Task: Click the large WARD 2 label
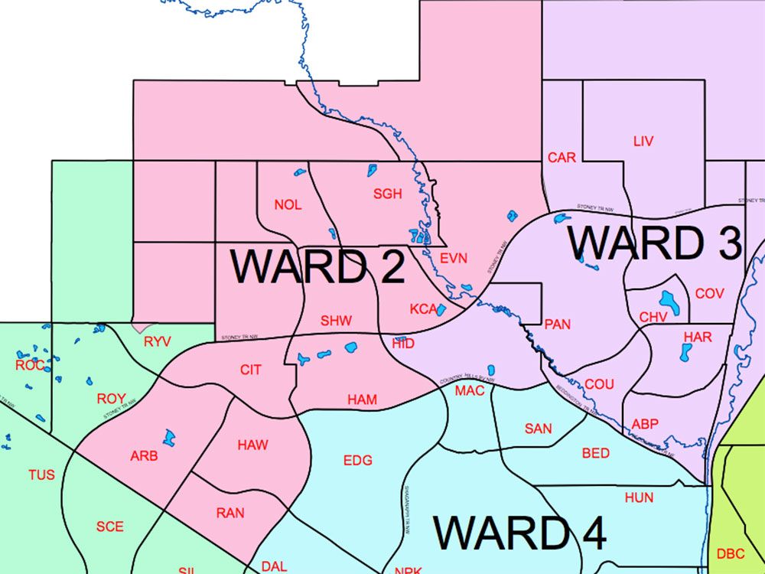pos(317,266)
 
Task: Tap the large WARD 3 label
pos(654,243)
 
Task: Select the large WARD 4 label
pos(520,533)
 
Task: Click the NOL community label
pos(288,204)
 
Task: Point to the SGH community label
pos(387,194)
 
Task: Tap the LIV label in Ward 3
pos(643,142)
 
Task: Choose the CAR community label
pos(562,158)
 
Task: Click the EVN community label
pos(453,258)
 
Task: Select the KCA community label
pos(422,309)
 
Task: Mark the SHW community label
pos(336,321)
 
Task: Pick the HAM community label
pos(362,400)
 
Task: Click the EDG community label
pos(357,460)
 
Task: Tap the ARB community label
pos(144,456)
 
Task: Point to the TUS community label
pos(41,475)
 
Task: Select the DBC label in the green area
pos(731,553)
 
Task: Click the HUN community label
pos(639,497)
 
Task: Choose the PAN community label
pos(558,324)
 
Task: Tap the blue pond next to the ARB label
pos(168,439)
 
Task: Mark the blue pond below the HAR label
pos(685,352)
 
